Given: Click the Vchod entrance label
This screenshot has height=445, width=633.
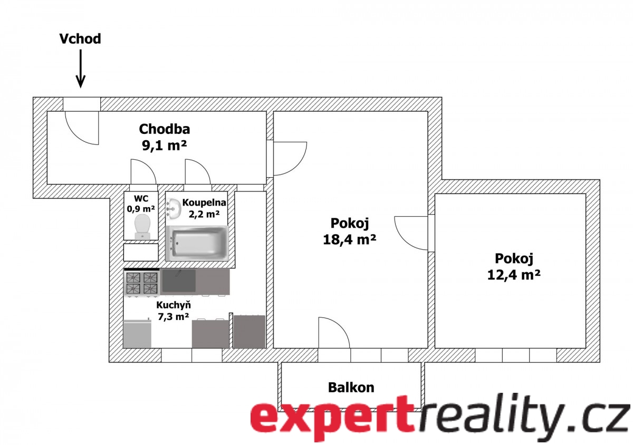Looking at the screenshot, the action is pos(80,39).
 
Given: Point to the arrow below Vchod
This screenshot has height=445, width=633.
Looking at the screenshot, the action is pos(81,69).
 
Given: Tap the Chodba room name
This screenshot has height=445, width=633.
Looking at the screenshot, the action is pos(165,129).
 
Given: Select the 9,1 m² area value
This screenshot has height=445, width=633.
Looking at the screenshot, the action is pos(164,146).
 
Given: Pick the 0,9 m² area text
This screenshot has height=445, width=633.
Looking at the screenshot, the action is pos(141,209).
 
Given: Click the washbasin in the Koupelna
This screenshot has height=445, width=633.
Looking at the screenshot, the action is pos(174,209).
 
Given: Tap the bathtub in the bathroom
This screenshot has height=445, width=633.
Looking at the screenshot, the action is pos(197,243).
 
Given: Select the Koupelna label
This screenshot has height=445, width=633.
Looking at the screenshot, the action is pos(204,202).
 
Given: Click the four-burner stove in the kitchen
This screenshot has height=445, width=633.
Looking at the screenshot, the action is pos(142,283).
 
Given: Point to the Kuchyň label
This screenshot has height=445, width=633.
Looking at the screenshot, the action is pos(174,305).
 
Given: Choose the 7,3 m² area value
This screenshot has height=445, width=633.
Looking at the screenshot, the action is pos(173,317).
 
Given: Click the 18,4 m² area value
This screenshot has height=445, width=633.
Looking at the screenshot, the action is pos(349,239).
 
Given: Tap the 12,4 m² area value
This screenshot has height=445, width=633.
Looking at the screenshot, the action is pos(514,275).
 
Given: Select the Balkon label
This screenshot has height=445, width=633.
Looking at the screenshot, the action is pos(351,388).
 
